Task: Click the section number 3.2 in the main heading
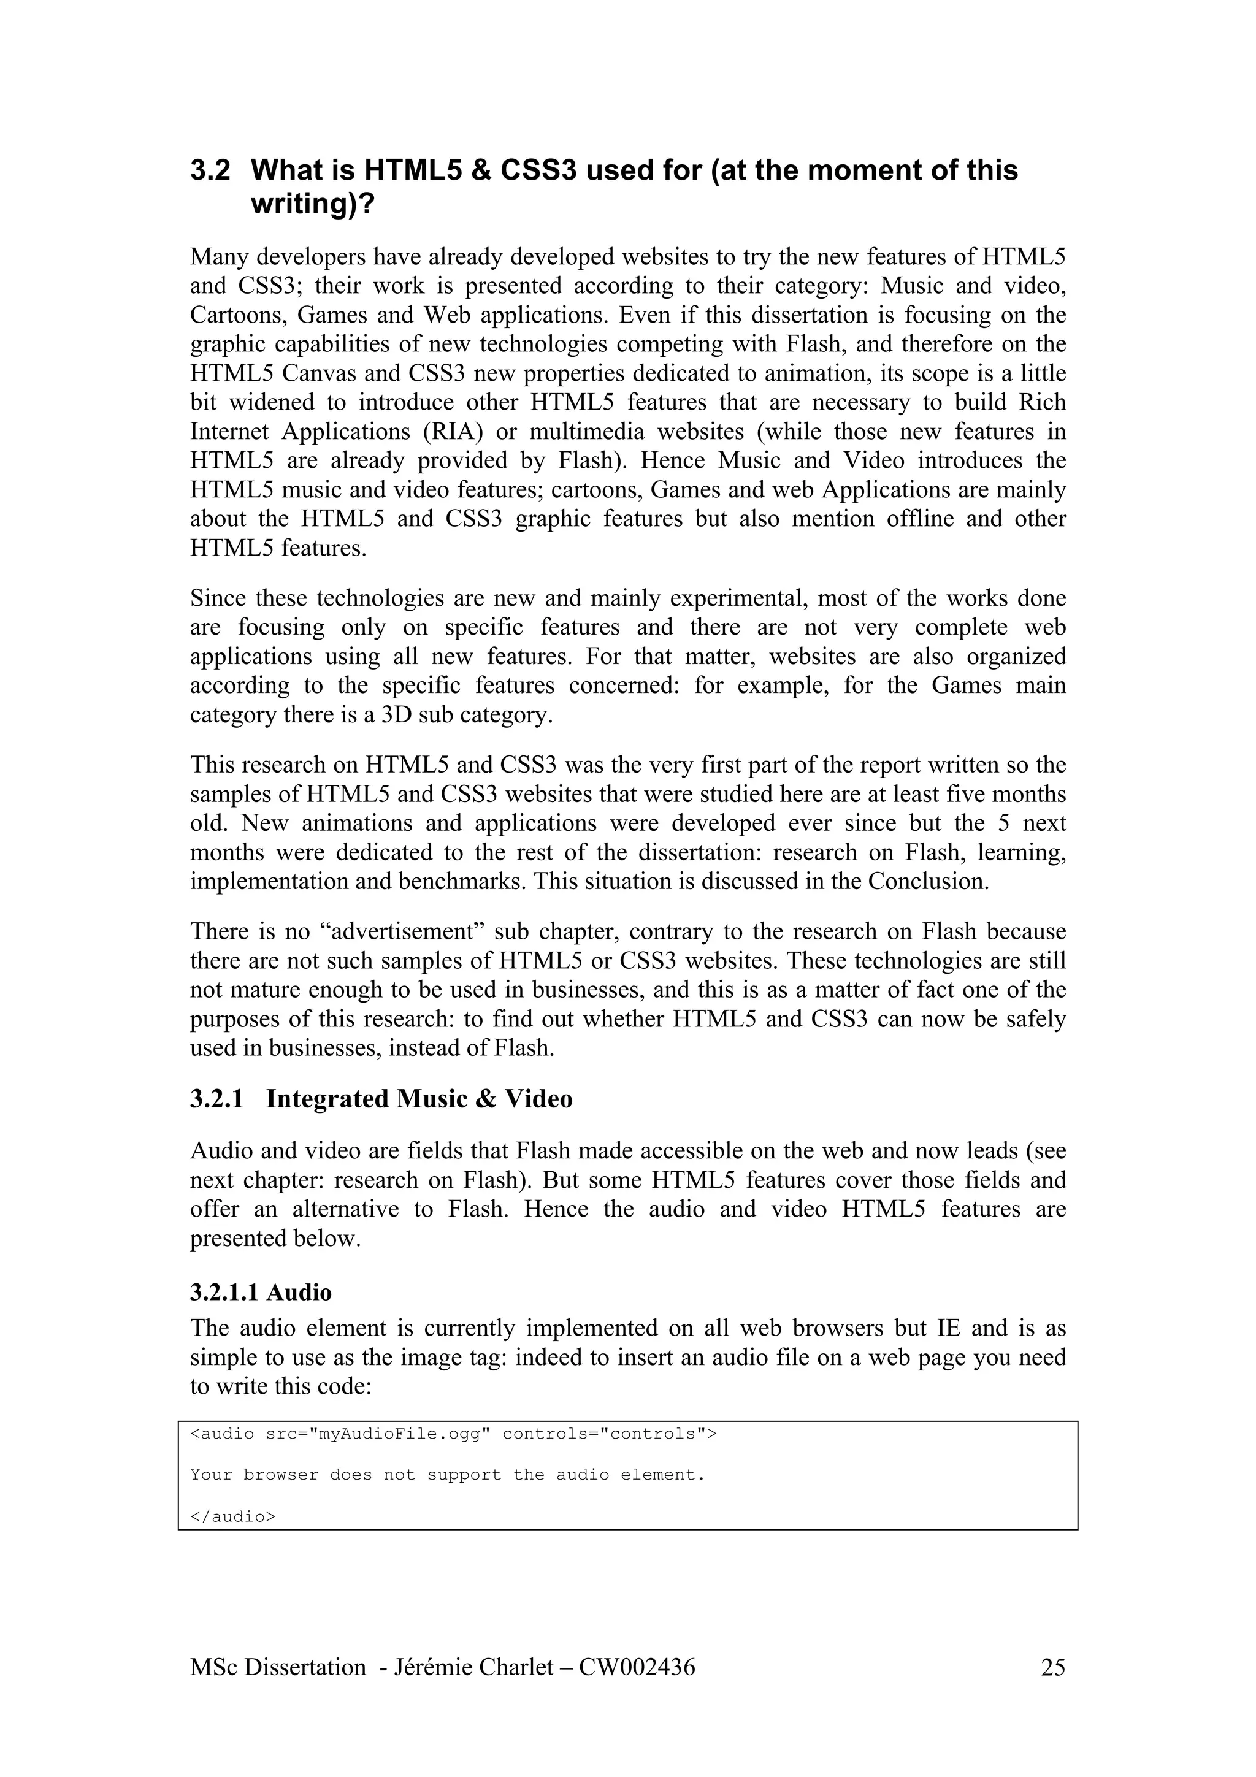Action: [x=210, y=170]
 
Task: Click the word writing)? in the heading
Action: [x=313, y=204]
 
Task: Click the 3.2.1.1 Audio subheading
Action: [x=261, y=1293]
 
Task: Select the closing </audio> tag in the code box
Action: [x=233, y=1517]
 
